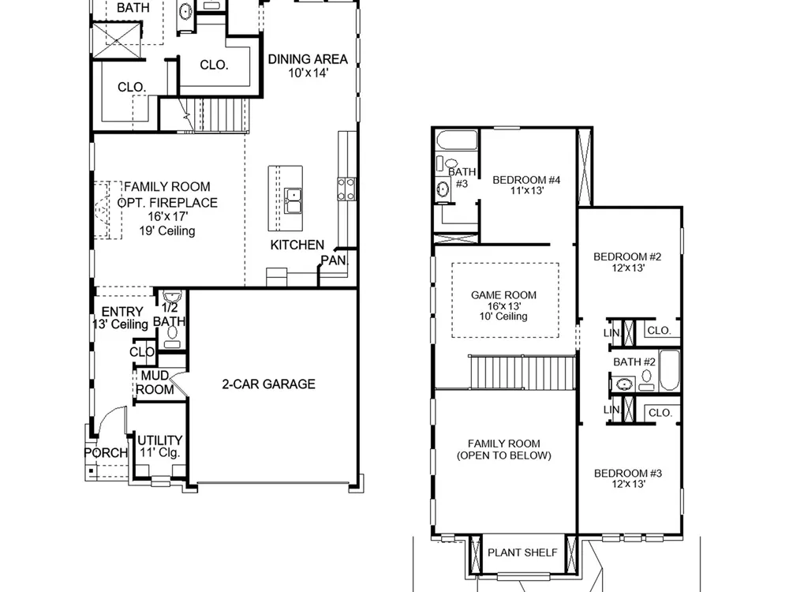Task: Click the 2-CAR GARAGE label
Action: point(269,384)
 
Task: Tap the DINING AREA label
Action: point(308,59)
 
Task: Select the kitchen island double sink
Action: point(293,200)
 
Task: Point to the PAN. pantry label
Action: point(335,260)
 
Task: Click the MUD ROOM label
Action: point(155,383)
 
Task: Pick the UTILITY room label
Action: point(160,440)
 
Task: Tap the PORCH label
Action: point(106,452)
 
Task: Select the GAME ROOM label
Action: point(503,295)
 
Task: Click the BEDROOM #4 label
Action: point(526,180)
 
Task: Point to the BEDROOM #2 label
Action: point(627,257)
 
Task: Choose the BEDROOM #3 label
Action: point(628,473)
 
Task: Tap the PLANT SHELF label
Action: point(523,553)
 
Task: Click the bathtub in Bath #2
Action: point(669,370)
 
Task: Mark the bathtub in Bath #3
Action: point(457,141)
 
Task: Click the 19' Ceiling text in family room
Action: point(167,231)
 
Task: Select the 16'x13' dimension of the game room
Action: point(503,306)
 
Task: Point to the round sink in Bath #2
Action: point(624,384)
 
